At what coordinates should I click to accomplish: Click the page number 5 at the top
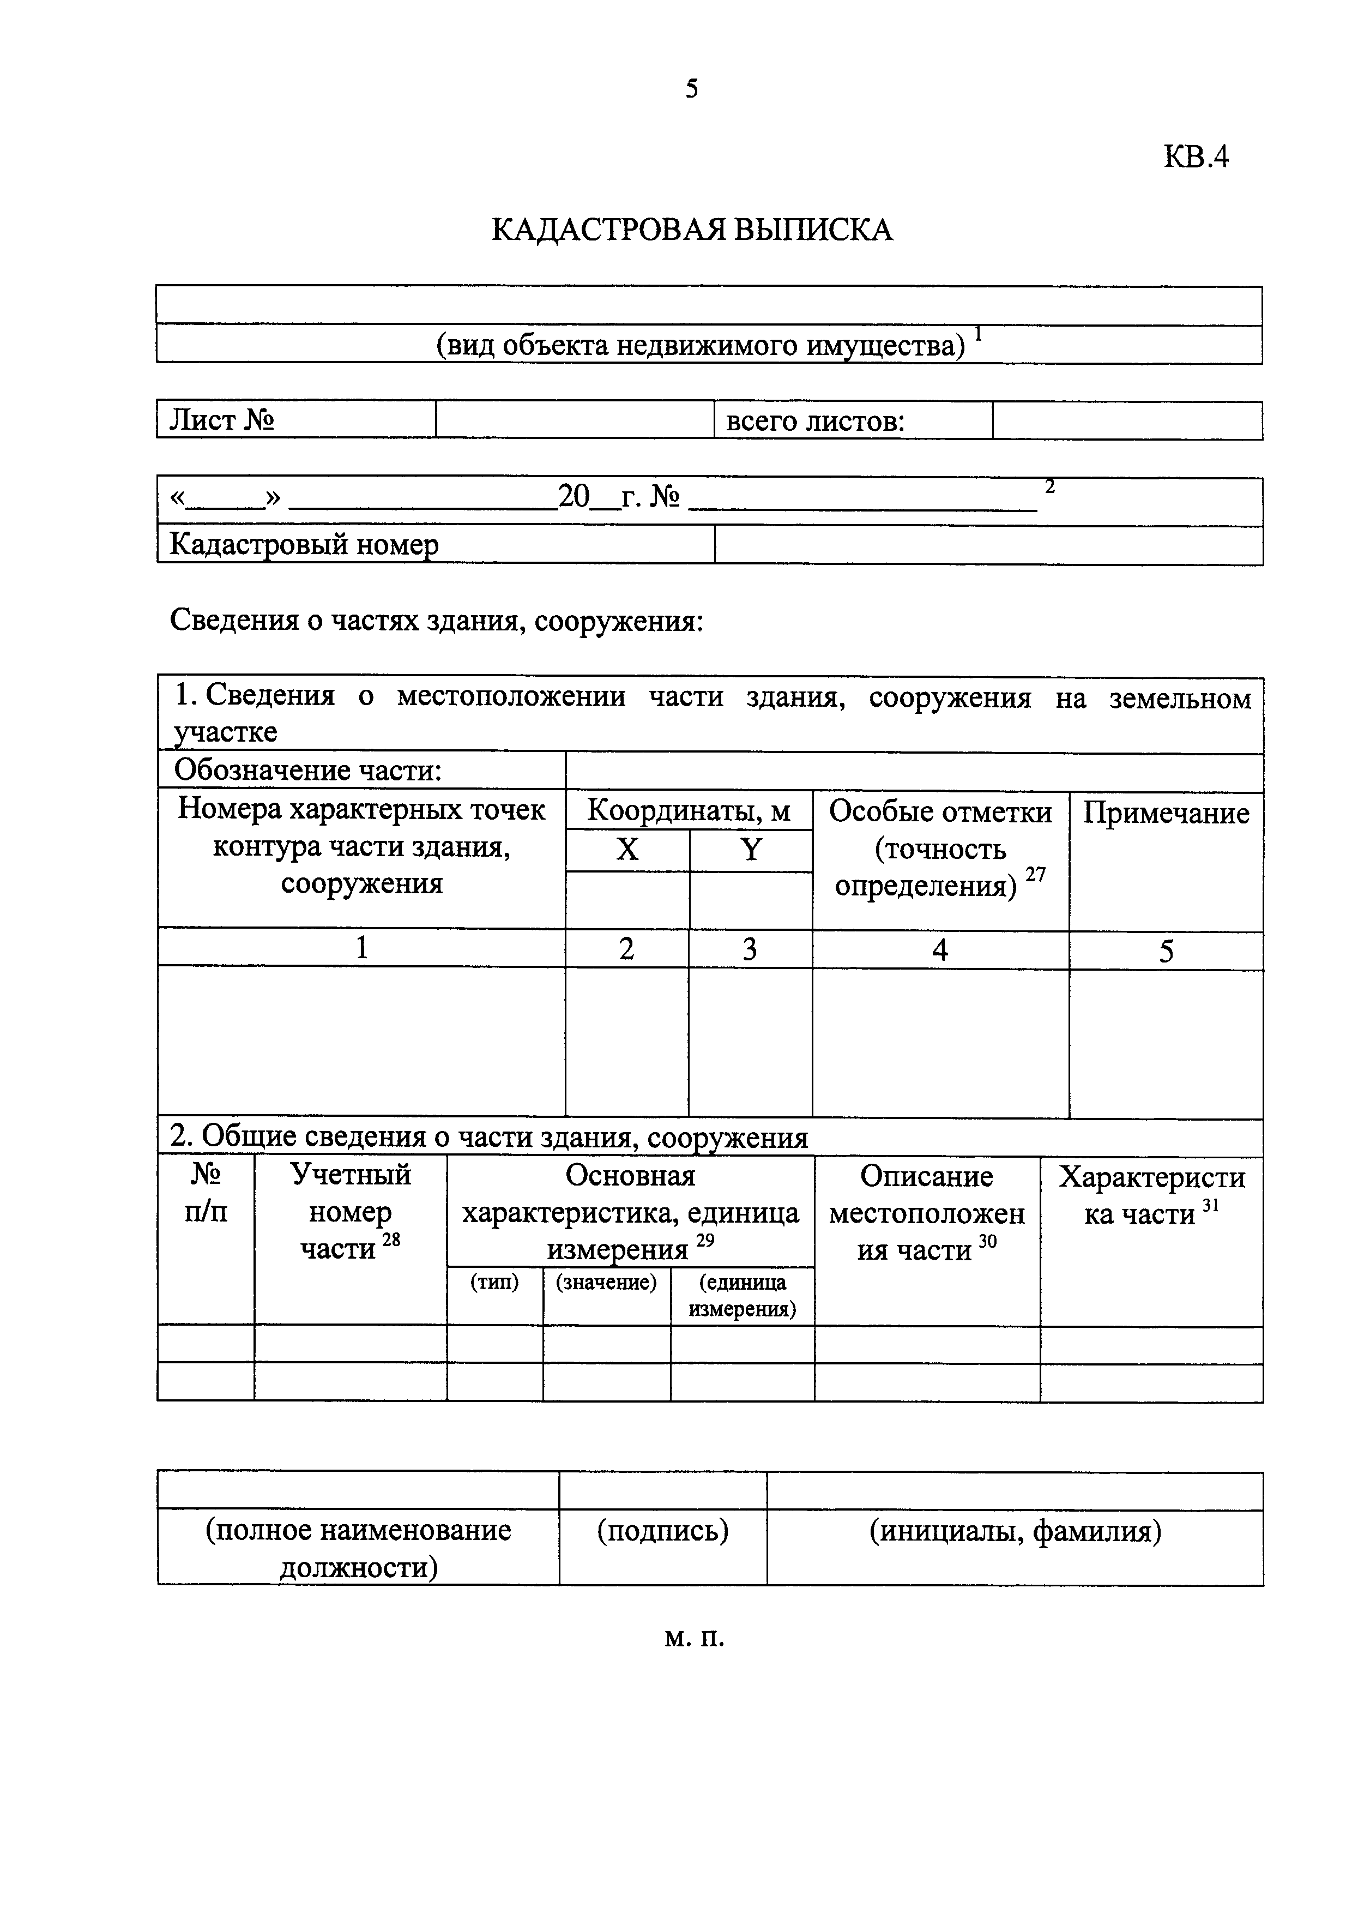point(691,88)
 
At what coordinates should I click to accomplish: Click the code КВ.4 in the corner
point(1196,157)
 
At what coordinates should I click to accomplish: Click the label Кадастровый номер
point(304,545)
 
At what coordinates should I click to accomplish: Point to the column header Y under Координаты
point(751,850)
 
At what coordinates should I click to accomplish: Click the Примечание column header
point(1166,813)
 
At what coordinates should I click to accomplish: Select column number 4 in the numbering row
point(940,950)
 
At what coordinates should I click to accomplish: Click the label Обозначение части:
point(307,771)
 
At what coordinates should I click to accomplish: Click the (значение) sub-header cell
point(606,1282)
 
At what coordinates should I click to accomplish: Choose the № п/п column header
point(206,1193)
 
